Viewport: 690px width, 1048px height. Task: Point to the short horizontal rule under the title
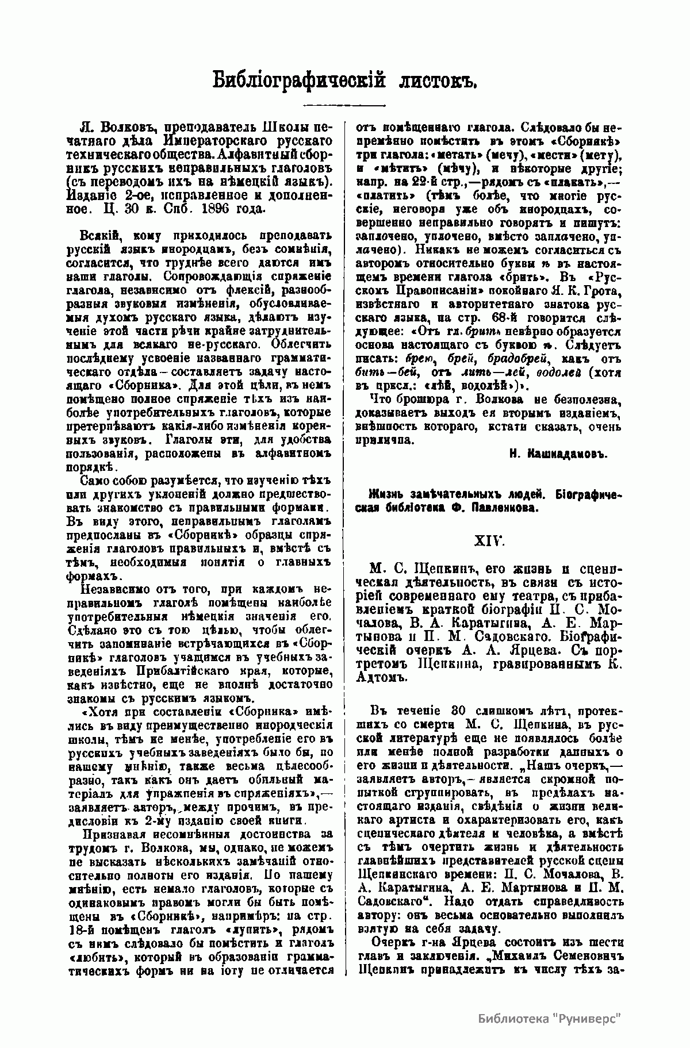point(344,105)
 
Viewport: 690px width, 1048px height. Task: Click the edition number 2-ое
point(141,195)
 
